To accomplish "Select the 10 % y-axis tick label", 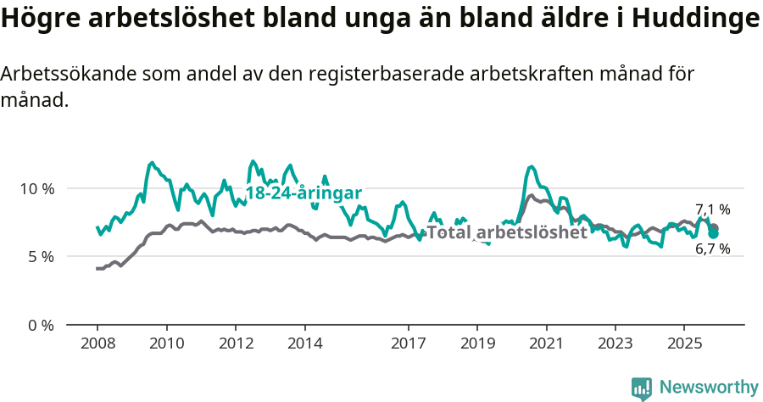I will [36, 188].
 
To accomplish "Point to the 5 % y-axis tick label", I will [40, 256].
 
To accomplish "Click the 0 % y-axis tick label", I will [40, 325].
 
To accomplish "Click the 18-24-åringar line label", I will [304, 193].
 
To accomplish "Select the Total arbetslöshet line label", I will [507, 232].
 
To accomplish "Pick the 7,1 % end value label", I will [713, 209].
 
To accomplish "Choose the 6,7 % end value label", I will [713, 249].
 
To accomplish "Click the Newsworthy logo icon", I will [642, 388].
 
